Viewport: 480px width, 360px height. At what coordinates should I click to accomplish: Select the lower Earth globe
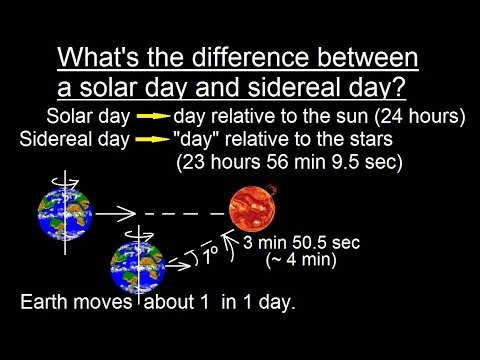coord(137,266)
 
